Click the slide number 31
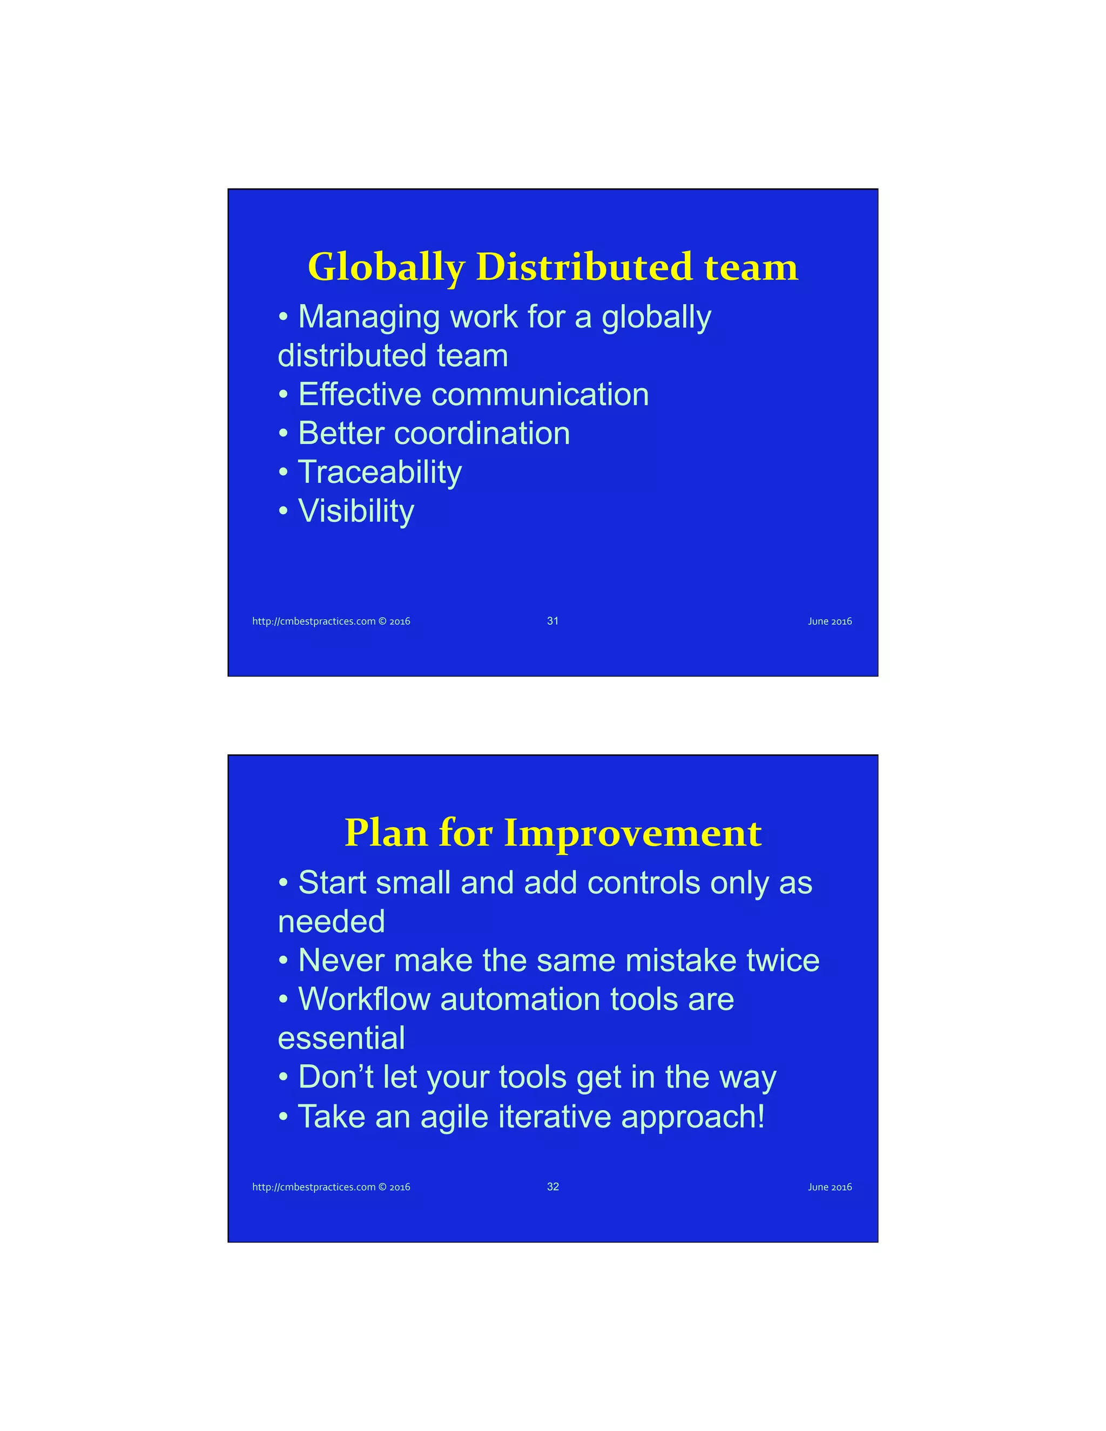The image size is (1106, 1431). [x=552, y=620]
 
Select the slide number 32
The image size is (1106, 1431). [x=552, y=1186]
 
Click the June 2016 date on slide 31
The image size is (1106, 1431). [x=829, y=621]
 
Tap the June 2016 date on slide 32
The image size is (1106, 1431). [x=829, y=1187]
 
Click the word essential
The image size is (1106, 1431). [x=341, y=1038]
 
